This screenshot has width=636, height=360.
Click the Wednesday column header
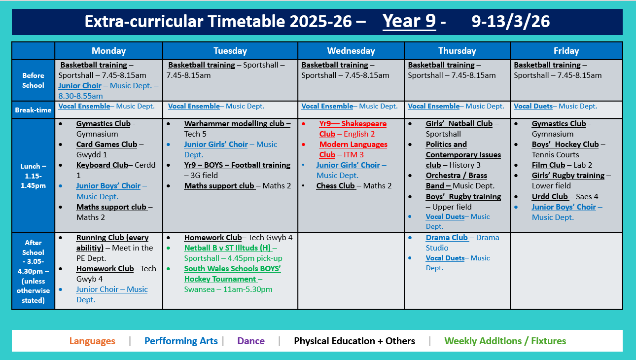351,51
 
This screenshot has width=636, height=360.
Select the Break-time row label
33,110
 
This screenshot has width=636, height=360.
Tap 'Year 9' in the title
409,22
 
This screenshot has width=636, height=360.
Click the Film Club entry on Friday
548,165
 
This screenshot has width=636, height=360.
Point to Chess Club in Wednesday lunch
335,186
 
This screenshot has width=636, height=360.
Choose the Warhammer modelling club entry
237,124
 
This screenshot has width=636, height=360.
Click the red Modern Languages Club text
353,144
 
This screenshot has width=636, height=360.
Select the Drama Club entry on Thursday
447,238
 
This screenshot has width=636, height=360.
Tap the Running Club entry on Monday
112,238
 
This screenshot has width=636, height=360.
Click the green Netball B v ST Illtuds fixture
228,248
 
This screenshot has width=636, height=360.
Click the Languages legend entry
92,341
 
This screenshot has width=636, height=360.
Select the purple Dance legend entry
251,341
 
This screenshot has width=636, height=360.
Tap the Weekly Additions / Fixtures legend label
505,341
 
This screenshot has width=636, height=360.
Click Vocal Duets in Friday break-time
533,106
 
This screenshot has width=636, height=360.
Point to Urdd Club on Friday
550,196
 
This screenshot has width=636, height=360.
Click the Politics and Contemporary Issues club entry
463,154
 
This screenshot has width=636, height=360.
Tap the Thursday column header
457,51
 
